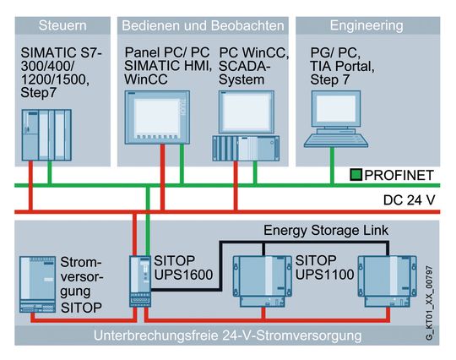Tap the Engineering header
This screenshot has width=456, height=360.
pos(366,25)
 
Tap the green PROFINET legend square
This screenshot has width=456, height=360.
pos(357,176)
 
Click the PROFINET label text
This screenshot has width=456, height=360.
pos(399,176)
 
